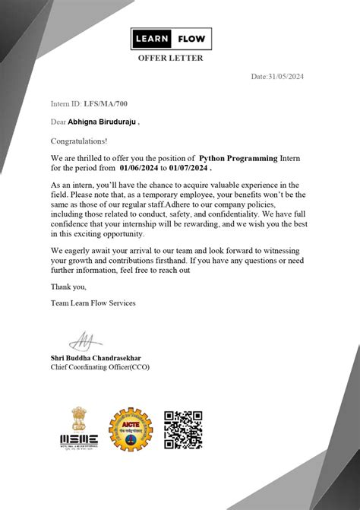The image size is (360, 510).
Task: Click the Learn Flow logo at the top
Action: point(171,39)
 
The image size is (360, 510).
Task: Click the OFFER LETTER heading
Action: point(170,59)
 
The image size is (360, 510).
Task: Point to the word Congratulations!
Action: point(79,141)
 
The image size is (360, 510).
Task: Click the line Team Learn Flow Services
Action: point(93,303)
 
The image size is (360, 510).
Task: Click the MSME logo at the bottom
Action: point(79,439)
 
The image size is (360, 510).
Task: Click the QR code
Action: point(183,429)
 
